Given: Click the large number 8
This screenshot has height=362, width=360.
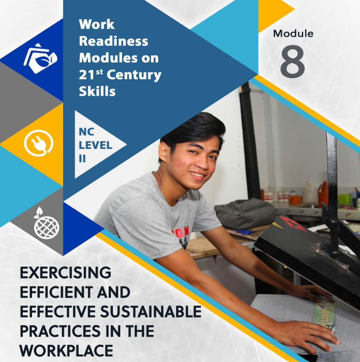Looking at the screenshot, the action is click(x=293, y=62).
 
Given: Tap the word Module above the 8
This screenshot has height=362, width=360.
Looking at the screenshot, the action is click(x=293, y=34).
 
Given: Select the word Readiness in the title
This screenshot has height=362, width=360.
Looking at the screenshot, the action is click(x=113, y=41).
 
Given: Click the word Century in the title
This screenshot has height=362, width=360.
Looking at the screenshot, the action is click(x=134, y=75).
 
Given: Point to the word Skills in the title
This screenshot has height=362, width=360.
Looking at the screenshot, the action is click(x=97, y=91).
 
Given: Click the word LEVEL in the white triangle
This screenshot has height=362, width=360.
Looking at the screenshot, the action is click(x=95, y=145).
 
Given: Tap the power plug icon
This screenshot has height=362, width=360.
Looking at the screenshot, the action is click(x=38, y=143).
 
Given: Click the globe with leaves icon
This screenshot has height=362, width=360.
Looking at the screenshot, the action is click(x=46, y=223).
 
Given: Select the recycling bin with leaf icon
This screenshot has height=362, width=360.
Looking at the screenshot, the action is click(x=41, y=59).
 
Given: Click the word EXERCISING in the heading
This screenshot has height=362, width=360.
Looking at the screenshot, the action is click(x=65, y=273).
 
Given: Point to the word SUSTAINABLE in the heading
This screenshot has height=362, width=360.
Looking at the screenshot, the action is click(x=151, y=312).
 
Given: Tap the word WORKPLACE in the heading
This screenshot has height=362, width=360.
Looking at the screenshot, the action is click(x=66, y=351).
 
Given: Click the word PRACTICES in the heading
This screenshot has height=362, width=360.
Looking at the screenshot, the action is click(x=60, y=331).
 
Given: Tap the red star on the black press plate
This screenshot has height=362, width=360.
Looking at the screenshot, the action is click(x=292, y=223).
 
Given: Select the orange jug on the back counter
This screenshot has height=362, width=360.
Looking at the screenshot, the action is click(x=323, y=194).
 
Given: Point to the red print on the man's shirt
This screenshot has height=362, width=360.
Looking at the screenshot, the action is click(x=181, y=232).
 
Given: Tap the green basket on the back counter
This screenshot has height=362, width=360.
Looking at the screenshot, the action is click(x=344, y=199).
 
